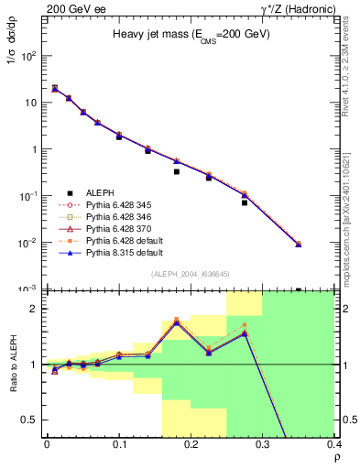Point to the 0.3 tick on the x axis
pyautogui.click(x=264, y=439)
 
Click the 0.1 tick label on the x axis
pyautogui.click(x=119, y=447)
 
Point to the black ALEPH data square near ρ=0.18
pyautogui.click(x=177, y=171)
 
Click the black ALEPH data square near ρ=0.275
pyautogui.click(x=245, y=202)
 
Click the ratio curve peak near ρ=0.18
pyautogui.click(x=176, y=322)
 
